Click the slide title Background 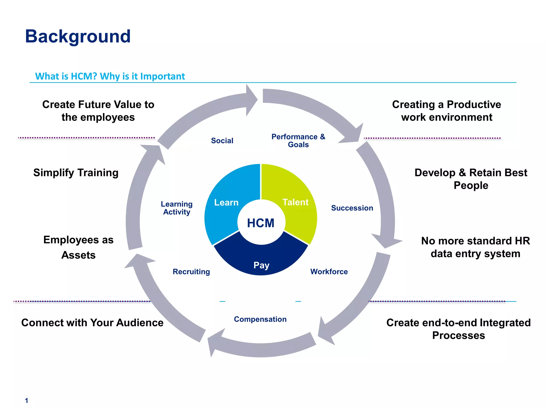click(x=78, y=36)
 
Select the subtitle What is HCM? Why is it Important click(x=110, y=76)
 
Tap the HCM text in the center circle click(x=261, y=223)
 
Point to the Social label click(x=222, y=141)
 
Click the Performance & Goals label click(x=298, y=141)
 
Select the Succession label click(x=352, y=208)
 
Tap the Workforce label click(x=329, y=272)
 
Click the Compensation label click(x=260, y=319)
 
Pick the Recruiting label click(x=191, y=272)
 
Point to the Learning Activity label click(x=176, y=208)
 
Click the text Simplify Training click(x=76, y=173)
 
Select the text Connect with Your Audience click(x=92, y=323)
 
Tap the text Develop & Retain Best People click(x=471, y=179)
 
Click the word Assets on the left click(x=78, y=255)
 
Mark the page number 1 click(x=26, y=400)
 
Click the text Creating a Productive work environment click(x=447, y=111)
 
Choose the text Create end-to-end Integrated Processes click(x=459, y=329)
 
